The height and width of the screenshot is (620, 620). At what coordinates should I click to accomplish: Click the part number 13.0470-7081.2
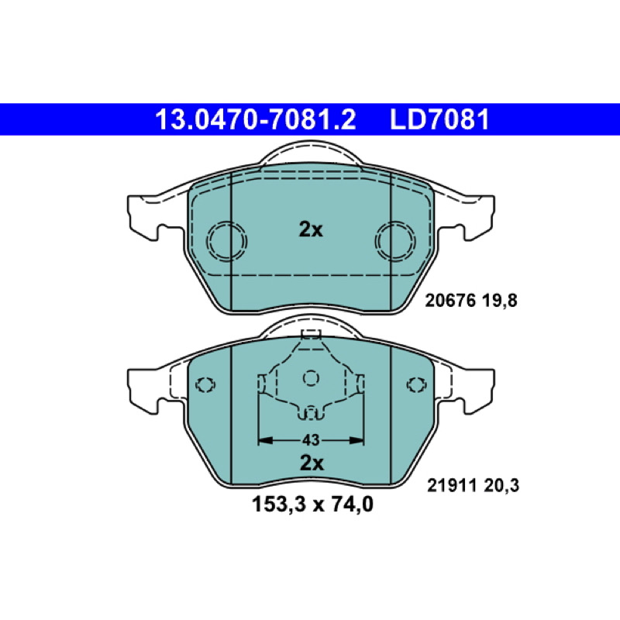click(x=256, y=119)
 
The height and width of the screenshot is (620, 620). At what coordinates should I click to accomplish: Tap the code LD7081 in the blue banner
click(x=439, y=119)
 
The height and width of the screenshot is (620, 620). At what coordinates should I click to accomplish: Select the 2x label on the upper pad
click(x=311, y=229)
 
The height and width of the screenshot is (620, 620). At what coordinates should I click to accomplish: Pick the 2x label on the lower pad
click(x=312, y=463)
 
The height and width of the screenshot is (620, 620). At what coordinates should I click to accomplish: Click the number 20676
click(x=450, y=301)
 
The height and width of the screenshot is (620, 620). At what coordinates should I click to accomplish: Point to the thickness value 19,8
click(x=499, y=301)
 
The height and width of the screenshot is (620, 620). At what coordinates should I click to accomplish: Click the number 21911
click(x=452, y=485)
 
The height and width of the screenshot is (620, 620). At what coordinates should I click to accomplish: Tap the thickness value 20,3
click(x=501, y=486)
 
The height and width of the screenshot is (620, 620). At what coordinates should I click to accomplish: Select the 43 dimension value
click(x=311, y=439)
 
